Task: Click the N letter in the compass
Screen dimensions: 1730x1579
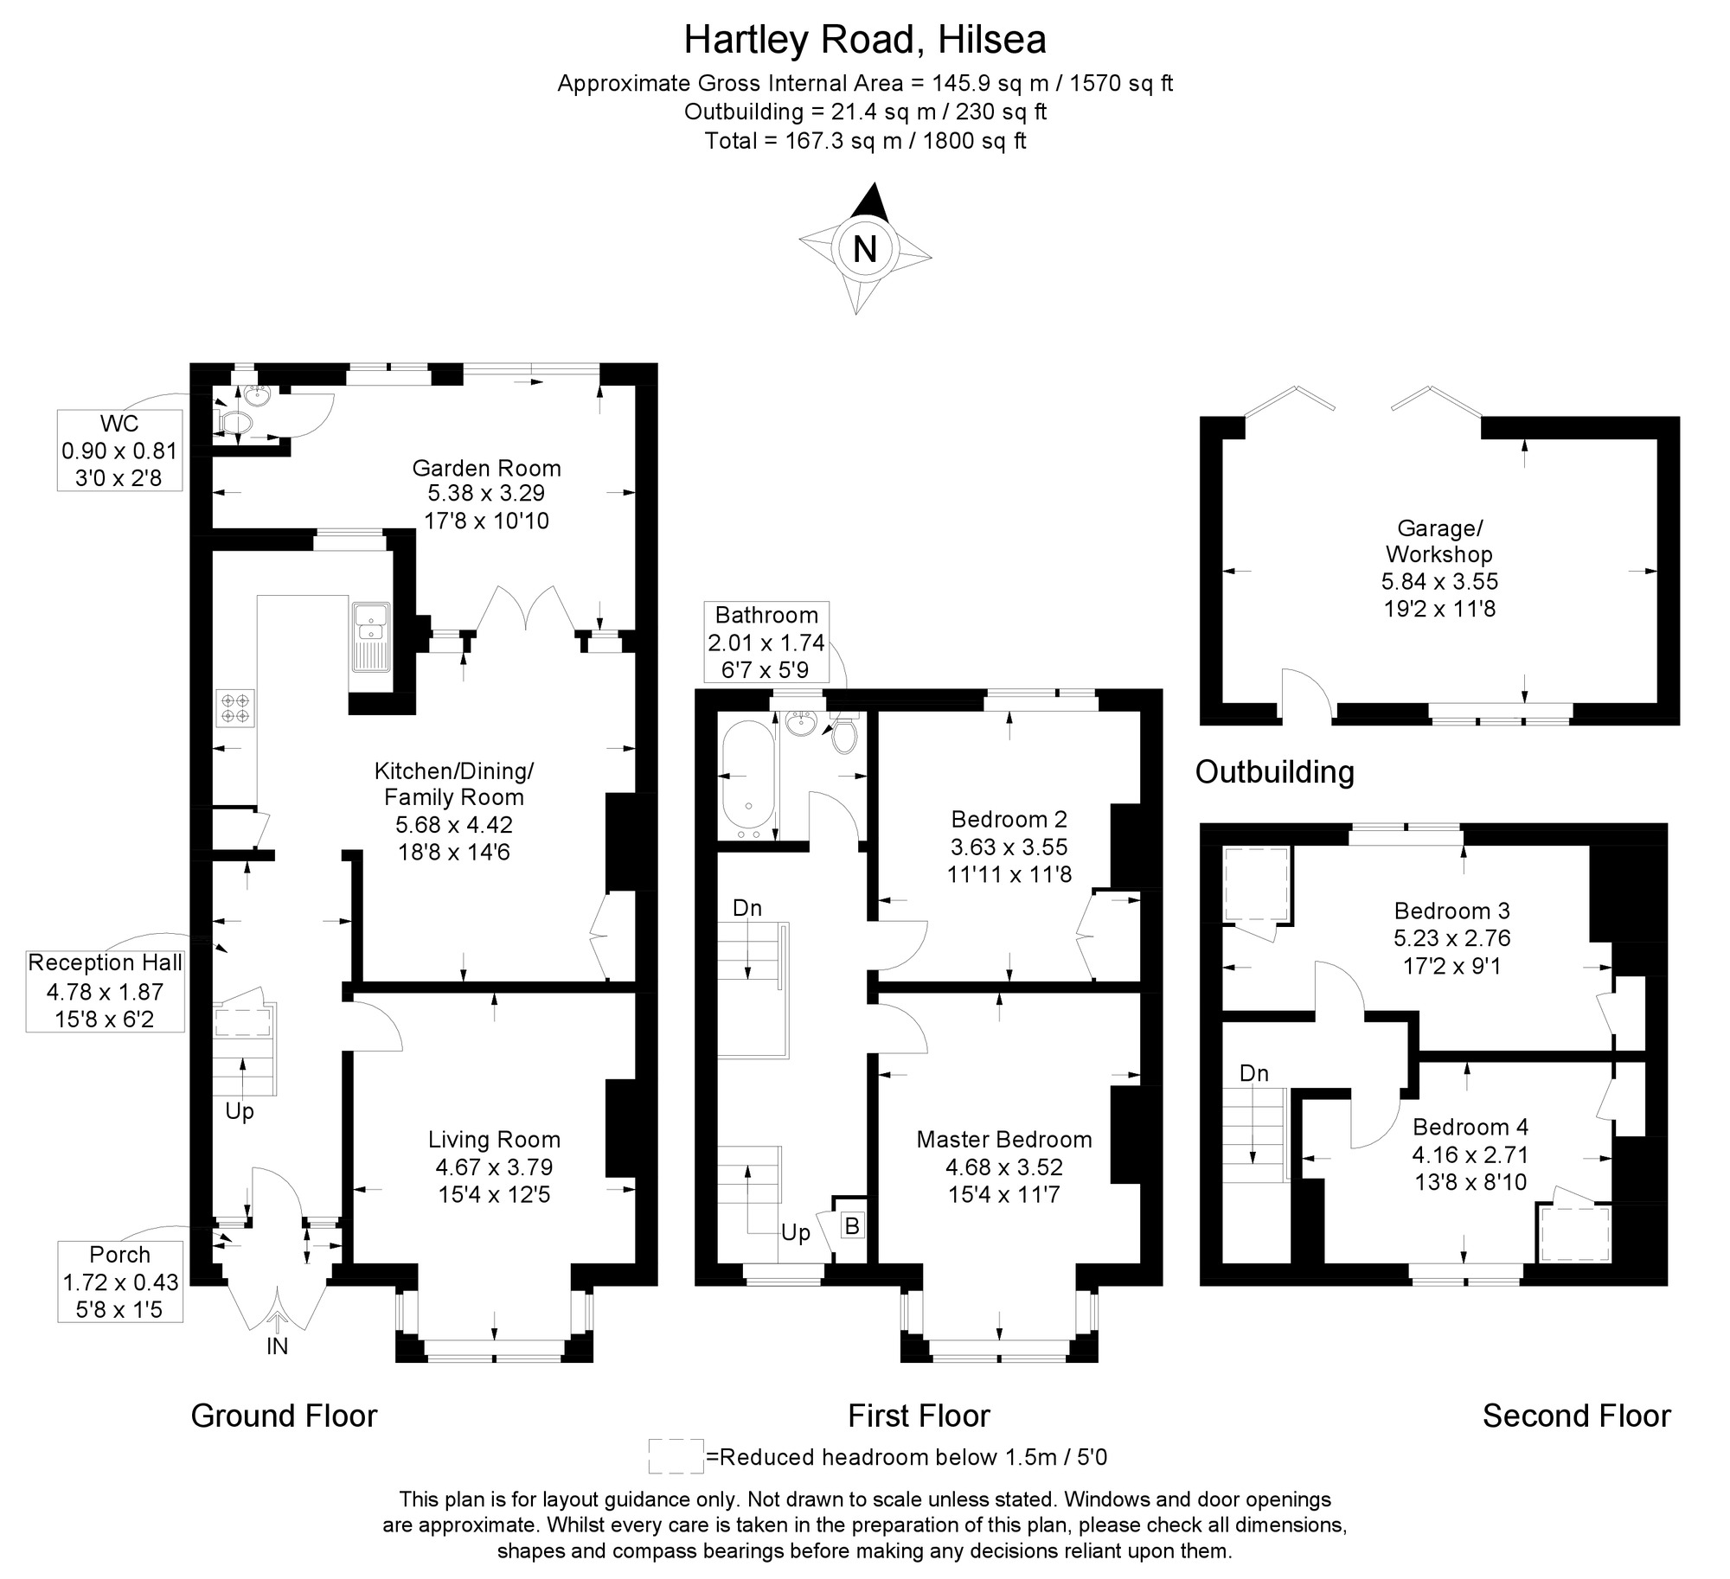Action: (x=864, y=249)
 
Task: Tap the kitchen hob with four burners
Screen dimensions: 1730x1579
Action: (x=236, y=708)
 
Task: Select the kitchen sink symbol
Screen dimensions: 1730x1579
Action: (x=371, y=636)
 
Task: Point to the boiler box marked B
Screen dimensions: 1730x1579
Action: (x=852, y=1225)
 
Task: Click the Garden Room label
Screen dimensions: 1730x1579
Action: (x=486, y=469)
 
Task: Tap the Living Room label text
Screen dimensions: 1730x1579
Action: (x=495, y=1140)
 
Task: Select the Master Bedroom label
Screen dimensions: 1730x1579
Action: (x=1004, y=1140)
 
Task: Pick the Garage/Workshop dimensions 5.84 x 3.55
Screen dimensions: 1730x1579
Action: (x=1439, y=582)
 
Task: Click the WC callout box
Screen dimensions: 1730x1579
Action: (x=119, y=451)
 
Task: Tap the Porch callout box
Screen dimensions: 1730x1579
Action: (x=120, y=1282)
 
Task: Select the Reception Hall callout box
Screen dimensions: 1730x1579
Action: (x=105, y=991)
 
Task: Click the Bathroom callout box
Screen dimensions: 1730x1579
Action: (x=766, y=642)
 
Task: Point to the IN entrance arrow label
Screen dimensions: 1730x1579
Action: (x=277, y=1346)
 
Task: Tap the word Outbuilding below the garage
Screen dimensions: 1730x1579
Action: (x=1274, y=772)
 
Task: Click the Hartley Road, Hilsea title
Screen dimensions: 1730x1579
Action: (x=865, y=40)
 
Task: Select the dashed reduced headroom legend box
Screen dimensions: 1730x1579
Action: (x=676, y=1456)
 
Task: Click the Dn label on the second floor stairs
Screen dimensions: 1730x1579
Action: (x=1253, y=1074)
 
